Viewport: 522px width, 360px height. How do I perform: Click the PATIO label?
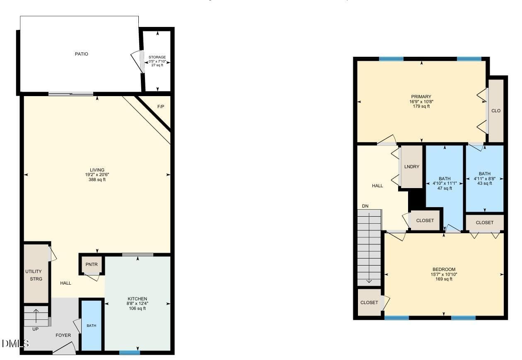tap(82, 54)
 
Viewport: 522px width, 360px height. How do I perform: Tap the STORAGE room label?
tap(157, 57)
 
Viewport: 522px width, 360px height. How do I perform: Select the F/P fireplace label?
tap(161, 106)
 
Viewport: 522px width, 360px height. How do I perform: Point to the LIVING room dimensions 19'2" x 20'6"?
tap(97, 174)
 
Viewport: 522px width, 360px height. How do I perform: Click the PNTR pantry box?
tap(92, 264)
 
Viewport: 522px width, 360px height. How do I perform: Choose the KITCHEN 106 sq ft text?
tap(137, 309)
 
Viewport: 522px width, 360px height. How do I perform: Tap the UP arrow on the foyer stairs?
tap(36, 316)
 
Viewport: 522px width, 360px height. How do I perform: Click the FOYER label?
tap(63, 335)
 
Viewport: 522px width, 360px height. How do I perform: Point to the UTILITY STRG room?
tap(36, 273)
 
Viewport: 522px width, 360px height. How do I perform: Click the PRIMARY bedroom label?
tap(421, 97)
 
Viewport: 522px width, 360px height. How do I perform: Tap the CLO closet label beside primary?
tap(496, 111)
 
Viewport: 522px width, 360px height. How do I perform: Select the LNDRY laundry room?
tap(412, 167)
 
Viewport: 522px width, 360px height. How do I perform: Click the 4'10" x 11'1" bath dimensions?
tap(445, 184)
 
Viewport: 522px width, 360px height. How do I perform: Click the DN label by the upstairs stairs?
tap(365, 206)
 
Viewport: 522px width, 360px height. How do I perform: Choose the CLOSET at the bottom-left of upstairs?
tap(369, 302)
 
